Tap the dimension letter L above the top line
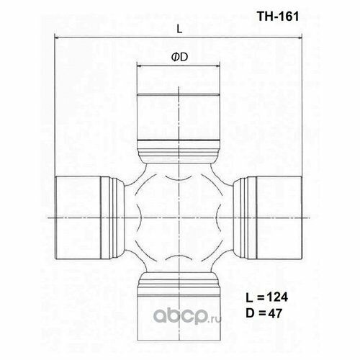click(179, 28)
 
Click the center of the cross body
click(179, 216)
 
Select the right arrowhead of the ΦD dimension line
click(219, 66)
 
